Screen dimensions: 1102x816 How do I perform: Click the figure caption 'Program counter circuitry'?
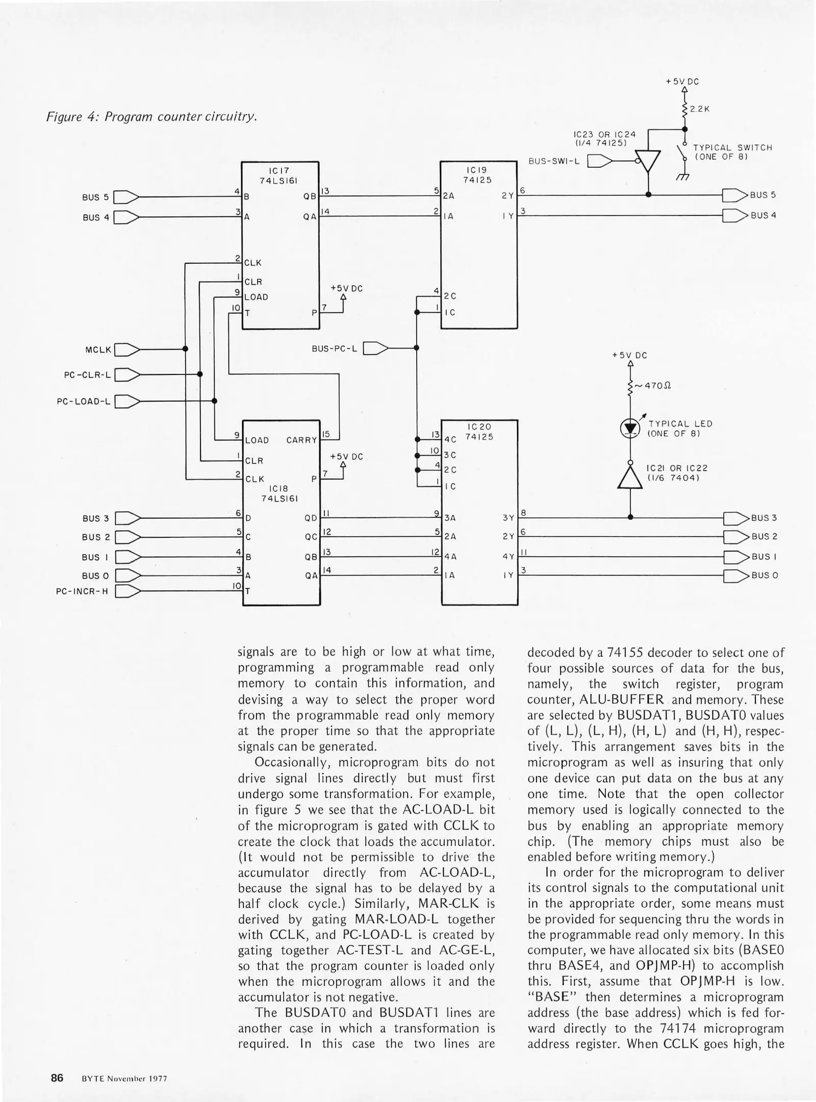pyautogui.click(x=151, y=117)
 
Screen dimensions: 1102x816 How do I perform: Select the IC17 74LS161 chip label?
pyautogui.click(x=278, y=175)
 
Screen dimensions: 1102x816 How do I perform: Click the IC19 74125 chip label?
pyautogui.click(x=477, y=174)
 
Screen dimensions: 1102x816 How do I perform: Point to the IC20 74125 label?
pyautogui.click(x=479, y=432)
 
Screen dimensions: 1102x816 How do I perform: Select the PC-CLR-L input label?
pyautogui.click(x=87, y=375)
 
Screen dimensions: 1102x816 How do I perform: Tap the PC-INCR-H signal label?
pyautogui.click(x=82, y=592)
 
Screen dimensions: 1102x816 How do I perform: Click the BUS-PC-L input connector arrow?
pyautogui.click(x=375, y=348)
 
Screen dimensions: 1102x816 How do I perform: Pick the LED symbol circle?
pyautogui.click(x=630, y=429)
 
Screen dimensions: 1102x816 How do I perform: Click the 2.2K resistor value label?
pyautogui.click(x=700, y=109)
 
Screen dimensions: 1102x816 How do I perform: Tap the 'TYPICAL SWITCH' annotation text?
pyautogui.click(x=733, y=147)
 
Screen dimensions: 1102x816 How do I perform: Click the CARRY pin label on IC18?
pyautogui.click(x=301, y=440)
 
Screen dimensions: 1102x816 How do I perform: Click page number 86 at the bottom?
pyautogui.click(x=57, y=1078)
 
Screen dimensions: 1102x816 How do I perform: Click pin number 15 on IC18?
pyautogui.click(x=326, y=434)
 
